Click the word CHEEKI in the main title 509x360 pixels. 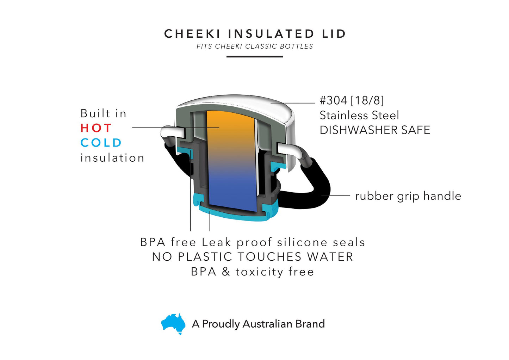click(x=192, y=34)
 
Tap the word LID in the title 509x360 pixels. click(x=334, y=34)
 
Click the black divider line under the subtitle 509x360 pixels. click(x=254, y=56)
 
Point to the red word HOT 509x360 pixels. click(x=96, y=128)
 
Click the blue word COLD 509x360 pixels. click(x=101, y=143)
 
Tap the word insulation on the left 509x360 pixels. click(x=112, y=158)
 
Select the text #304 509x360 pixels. click(x=333, y=100)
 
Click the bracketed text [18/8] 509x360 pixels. click(x=367, y=100)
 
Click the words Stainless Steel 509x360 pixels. click(x=359, y=115)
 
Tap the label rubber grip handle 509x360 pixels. click(x=408, y=196)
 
